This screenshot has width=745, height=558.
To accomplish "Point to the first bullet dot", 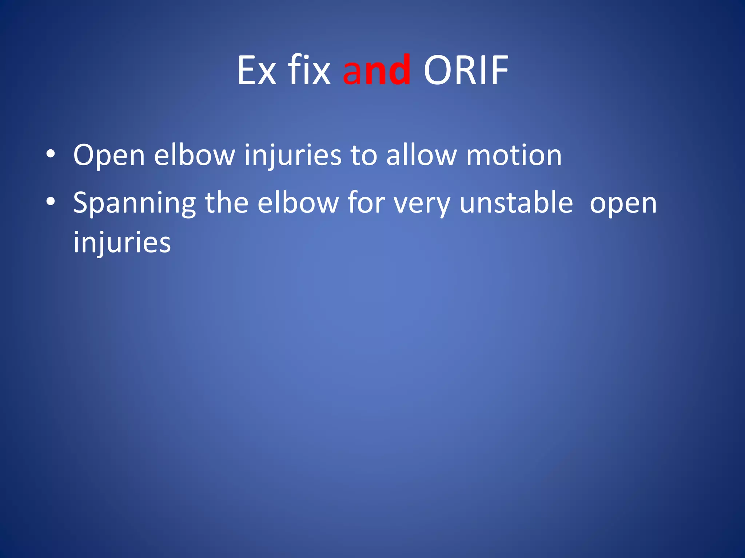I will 51,154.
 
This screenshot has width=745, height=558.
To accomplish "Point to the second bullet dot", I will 51,201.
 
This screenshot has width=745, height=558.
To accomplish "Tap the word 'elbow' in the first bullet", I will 195,155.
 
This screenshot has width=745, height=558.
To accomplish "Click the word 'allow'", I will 421,155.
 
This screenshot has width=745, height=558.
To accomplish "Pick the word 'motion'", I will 514,155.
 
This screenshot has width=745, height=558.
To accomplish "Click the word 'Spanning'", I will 135,203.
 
